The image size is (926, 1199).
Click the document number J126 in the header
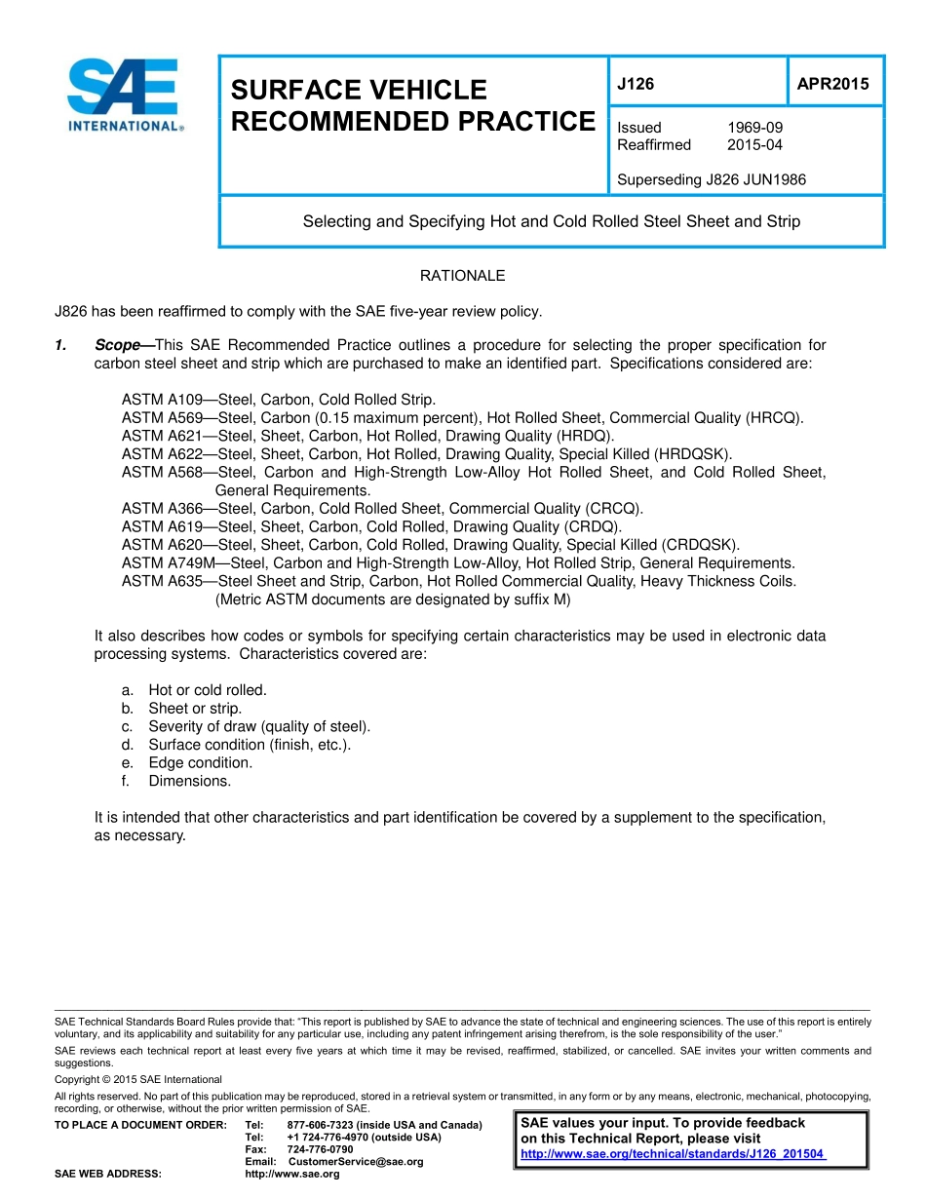[x=636, y=84]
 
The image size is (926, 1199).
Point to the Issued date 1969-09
[x=754, y=128]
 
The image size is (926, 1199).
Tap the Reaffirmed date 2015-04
[x=754, y=145]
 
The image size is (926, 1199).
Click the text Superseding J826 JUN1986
[x=712, y=179]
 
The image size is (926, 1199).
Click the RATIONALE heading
[x=462, y=276]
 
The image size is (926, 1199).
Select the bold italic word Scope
[x=118, y=345]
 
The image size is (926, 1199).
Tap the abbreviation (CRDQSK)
[x=700, y=545]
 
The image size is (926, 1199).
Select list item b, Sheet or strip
[x=194, y=709]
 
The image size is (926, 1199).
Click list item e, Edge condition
[x=200, y=763]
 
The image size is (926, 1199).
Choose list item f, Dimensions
[x=189, y=781]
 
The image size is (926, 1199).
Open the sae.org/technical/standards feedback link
[x=673, y=1154]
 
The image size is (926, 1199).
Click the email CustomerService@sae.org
[x=356, y=1162]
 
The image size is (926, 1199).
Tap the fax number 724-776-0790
[x=320, y=1149]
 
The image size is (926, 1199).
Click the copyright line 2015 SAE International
[x=138, y=1079]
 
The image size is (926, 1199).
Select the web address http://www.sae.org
[x=291, y=1174]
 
